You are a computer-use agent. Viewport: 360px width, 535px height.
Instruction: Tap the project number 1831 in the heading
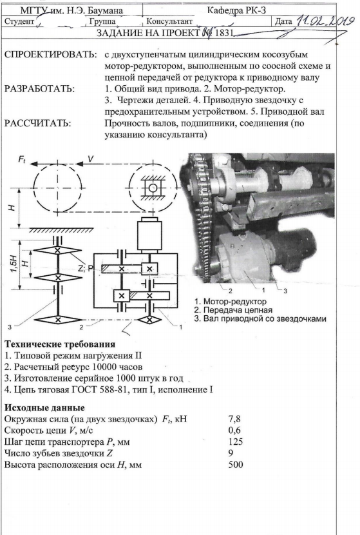point(223,33)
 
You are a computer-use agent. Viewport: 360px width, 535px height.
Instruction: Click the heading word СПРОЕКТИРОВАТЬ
point(50,55)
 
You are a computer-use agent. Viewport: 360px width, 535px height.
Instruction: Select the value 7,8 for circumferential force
point(234,420)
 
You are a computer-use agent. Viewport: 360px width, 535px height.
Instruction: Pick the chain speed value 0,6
point(234,431)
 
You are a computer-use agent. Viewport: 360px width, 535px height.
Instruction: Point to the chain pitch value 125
point(236,442)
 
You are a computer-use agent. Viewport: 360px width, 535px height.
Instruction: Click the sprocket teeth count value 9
point(231,453)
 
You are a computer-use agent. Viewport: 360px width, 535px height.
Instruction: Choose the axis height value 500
point(236,464)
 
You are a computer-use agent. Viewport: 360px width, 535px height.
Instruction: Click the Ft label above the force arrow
point(21,159)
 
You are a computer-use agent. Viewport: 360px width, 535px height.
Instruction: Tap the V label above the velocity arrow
point(91,159)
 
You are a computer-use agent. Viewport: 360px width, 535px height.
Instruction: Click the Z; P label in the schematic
point(86,268)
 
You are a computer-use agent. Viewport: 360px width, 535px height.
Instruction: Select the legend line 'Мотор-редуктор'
point(231,302)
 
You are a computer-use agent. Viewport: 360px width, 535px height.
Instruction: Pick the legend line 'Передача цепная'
point(234,310)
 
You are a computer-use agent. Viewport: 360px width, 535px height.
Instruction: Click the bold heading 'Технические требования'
point(60,344)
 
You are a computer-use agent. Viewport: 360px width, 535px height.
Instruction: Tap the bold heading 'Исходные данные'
point(44,408)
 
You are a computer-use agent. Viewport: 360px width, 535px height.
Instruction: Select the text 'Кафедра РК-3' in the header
point(236,10)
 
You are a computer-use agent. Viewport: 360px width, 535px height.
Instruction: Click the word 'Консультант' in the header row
point(169,21)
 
